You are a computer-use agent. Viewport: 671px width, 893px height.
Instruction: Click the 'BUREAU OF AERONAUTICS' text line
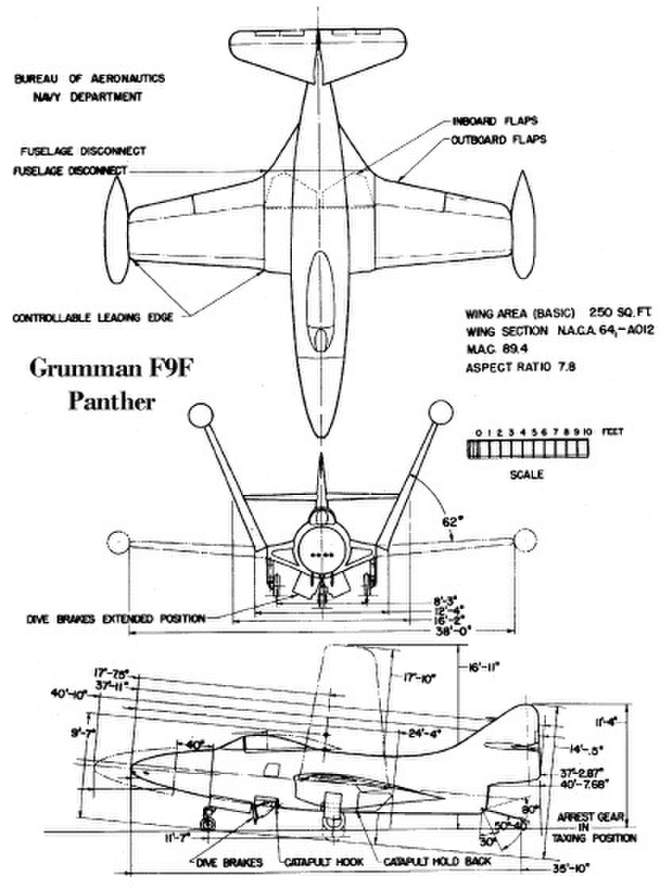(89, 79)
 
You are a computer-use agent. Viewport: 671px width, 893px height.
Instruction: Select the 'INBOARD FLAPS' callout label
(494, 121)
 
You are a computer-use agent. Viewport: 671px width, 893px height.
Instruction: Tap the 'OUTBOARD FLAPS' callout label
(498, 140)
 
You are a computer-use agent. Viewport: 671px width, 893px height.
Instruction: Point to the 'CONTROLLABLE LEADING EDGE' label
(92, 318)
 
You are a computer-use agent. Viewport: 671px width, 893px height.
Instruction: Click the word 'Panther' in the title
(112, 402)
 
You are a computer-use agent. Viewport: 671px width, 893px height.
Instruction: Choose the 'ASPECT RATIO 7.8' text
(520, 367)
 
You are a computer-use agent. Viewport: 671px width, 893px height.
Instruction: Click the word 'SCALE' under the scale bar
(526, 475)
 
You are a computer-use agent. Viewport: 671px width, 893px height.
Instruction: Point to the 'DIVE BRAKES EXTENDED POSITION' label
(116, 619)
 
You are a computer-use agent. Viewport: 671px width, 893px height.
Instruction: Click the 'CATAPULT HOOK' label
(323, 862)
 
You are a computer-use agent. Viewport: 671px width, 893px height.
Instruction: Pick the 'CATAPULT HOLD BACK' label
(437, 862)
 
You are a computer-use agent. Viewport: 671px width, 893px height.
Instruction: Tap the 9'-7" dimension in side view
(83, 733)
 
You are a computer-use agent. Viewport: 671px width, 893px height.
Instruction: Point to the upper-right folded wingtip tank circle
(440, 415)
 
